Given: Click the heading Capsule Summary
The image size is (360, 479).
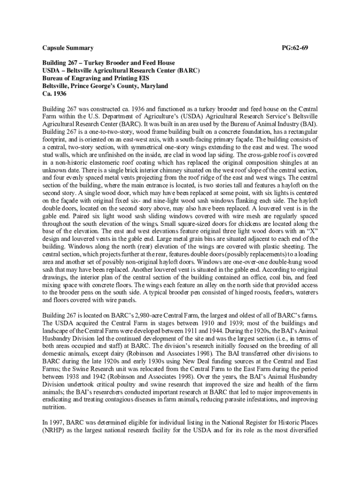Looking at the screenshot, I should (x=68, y=48).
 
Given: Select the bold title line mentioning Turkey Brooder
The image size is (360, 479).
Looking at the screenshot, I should (x=108, y=63).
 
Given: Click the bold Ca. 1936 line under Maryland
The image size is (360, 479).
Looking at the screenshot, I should (x=55, y=94).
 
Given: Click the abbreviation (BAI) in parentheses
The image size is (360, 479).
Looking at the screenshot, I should (x=306, y=124).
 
